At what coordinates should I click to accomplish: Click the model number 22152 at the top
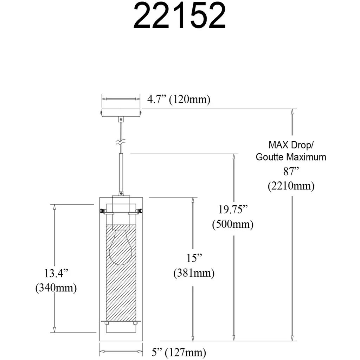(180, 16)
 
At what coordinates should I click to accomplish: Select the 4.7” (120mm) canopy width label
(179, 99)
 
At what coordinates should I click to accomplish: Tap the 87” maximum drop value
(291, 171)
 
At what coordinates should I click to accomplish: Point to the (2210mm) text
(291, 186)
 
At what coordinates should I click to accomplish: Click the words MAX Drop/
(291, 145)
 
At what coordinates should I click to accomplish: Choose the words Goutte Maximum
(291, 157)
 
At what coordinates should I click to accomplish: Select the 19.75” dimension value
(233, 210)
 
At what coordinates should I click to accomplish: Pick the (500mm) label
(233, 224)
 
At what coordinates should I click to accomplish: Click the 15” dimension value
(194, 258)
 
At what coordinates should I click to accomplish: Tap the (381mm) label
(194, 273)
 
